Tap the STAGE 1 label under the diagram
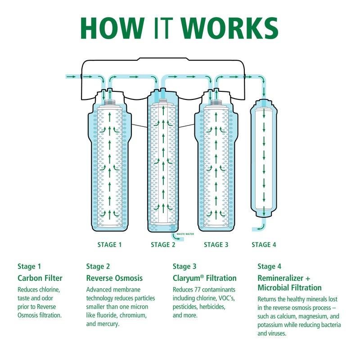(109, 245)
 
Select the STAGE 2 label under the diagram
(163, 245)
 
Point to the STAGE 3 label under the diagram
(216, 245)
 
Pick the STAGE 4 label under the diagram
(264, 245)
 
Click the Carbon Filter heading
(40, 278)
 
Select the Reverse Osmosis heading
(114, 278)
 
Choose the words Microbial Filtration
(289, 288)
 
